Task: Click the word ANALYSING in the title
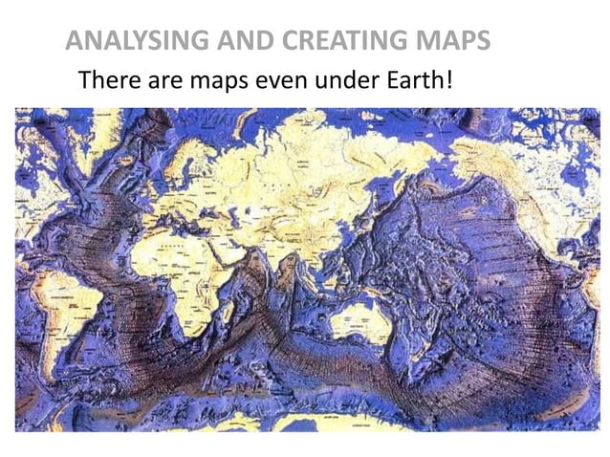tap(123, 41)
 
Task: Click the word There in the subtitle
tap(109, 78)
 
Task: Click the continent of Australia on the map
tap(361, 320)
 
